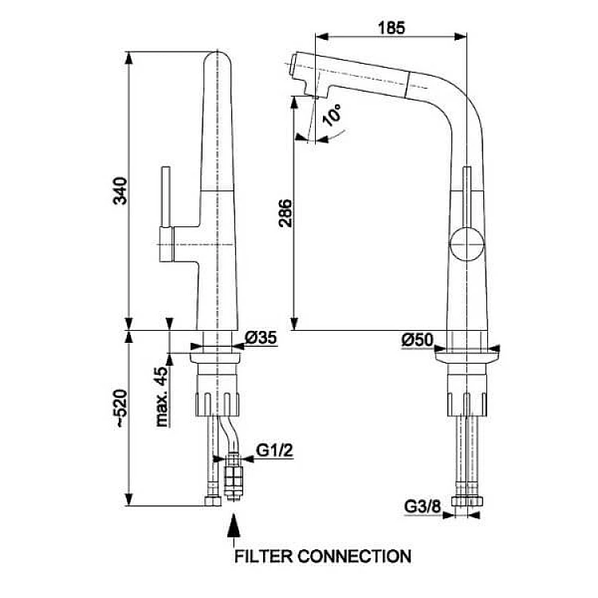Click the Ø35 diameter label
(x=261, y=339)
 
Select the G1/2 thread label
(x=276, y=451)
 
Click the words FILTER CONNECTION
(x=322, y=556)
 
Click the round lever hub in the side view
(x=466, y=242)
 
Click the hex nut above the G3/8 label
(x=466, y=502)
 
